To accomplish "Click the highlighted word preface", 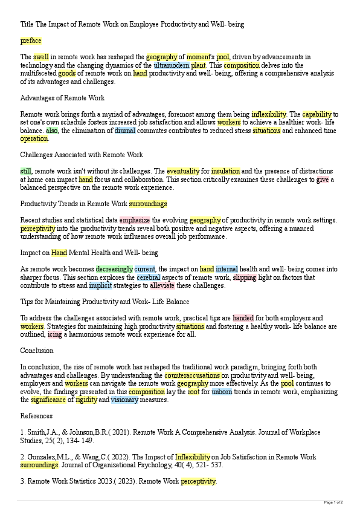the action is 31,41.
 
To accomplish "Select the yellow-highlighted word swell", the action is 41,57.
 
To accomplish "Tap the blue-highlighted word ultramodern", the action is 172,65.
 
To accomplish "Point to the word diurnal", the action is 125,130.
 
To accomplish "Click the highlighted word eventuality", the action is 183,171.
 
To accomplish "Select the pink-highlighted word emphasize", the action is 135,220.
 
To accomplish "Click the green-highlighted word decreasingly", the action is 114,269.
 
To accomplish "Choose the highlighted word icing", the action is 55,334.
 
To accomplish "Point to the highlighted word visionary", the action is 124,400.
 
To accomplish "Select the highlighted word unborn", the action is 221,392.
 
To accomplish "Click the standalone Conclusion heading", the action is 37,351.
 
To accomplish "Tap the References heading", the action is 36,416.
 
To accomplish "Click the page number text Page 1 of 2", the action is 333,502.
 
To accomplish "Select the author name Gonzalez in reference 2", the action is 42,457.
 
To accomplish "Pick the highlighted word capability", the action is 317,114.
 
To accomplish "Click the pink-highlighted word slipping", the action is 245,277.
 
